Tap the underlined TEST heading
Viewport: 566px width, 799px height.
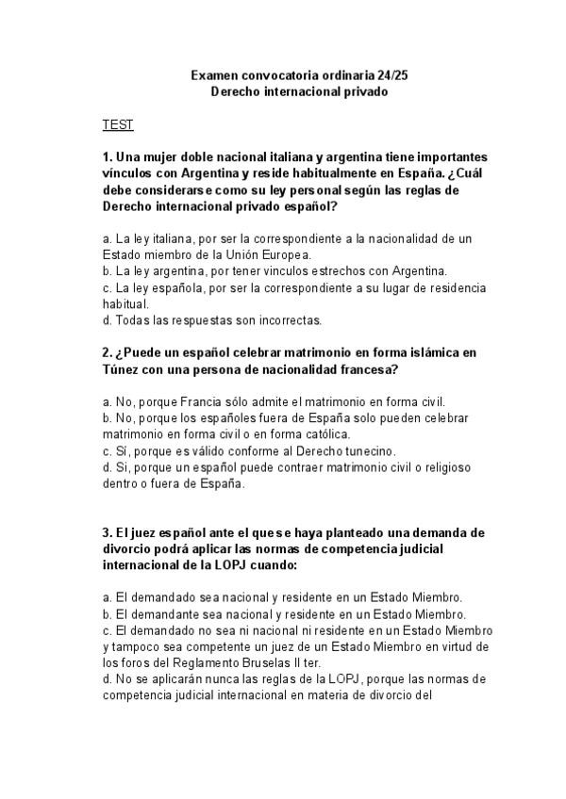pyautogui.click(x=118, y=124)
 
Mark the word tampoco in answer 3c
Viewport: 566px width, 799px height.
pyautogui.click(x=139, y=646)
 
